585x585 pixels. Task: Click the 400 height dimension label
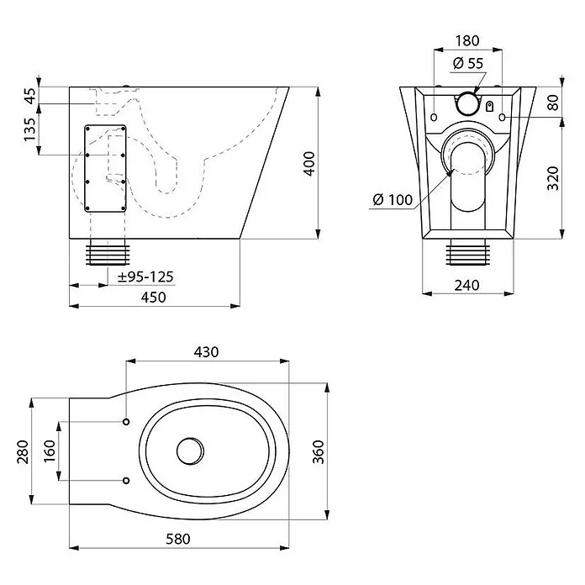309,163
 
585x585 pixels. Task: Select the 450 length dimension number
153,297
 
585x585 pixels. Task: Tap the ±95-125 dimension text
145,277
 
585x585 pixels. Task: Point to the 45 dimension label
31,96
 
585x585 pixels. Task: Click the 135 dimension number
30,129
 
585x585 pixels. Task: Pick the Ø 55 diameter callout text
468,63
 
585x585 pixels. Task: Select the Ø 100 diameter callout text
393,200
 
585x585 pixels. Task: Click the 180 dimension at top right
467,40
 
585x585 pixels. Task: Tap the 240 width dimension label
466,286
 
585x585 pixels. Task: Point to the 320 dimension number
553,178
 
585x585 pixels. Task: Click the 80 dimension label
553,103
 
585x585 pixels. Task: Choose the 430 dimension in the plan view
206,352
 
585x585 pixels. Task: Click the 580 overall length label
178,539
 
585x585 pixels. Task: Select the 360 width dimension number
319,452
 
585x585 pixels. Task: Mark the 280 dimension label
23,452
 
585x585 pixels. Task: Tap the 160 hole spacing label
50,451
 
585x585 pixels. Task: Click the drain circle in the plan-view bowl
190,451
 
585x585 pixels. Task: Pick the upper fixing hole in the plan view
126,422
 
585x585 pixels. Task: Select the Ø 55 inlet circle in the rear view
468,103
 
